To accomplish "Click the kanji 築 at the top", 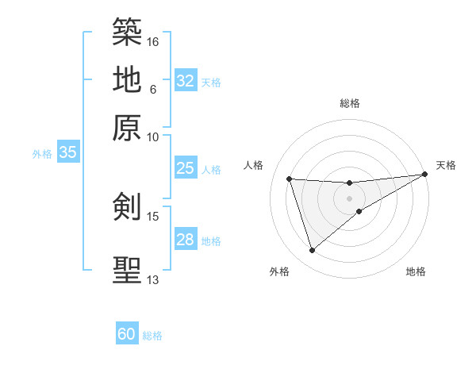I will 127,33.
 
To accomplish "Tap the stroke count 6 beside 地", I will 153,89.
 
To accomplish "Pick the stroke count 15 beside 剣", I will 153,216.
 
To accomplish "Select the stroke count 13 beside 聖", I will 153,279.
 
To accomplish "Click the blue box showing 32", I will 186,81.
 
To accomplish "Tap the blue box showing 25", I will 186,168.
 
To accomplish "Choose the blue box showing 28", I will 186,240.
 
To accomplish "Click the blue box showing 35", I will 67,153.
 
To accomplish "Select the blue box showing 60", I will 127,334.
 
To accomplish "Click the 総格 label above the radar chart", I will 350,103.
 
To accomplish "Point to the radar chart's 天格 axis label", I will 446,165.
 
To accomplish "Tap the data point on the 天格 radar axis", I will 424,175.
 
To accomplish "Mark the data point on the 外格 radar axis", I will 312,251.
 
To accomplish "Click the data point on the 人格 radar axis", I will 290,179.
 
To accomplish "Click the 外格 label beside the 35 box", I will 42,154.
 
